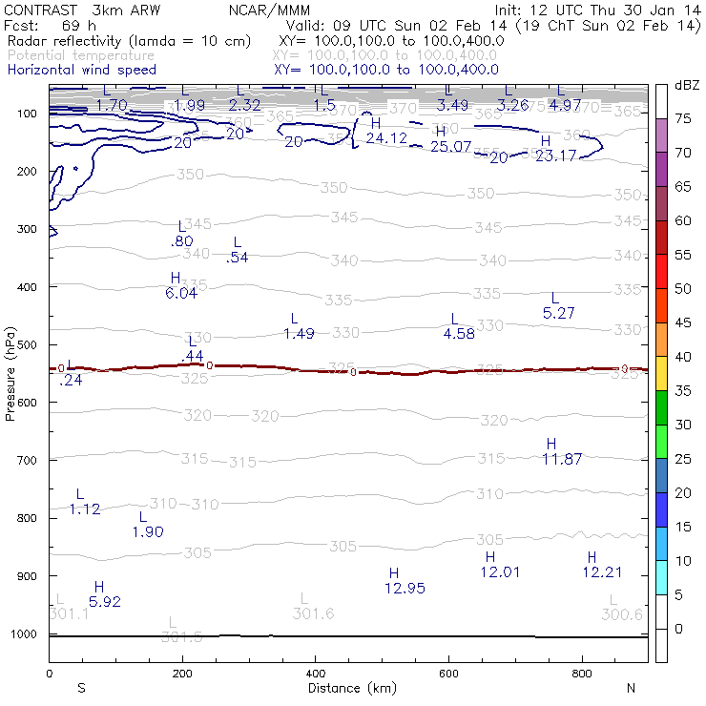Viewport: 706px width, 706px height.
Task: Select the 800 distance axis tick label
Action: pos(583,674)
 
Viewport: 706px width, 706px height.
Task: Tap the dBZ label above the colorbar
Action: pos(686,85)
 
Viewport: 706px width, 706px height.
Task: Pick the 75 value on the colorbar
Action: pos(684,118)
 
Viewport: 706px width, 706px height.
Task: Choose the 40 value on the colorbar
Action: pos(684,356)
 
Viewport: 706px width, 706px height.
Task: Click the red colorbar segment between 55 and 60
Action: pos(661,238)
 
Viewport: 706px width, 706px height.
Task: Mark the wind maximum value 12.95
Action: pos(404,588)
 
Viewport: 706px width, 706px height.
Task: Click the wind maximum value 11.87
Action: pos(562,459)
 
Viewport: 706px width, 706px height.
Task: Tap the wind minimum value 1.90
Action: pos(149,531)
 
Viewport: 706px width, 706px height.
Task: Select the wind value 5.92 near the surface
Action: pos(105,602)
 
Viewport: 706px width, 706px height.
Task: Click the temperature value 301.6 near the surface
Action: pos(313,613)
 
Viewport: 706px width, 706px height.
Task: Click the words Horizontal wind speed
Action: pos(81,70)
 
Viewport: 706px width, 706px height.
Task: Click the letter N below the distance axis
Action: pos(631,688)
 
